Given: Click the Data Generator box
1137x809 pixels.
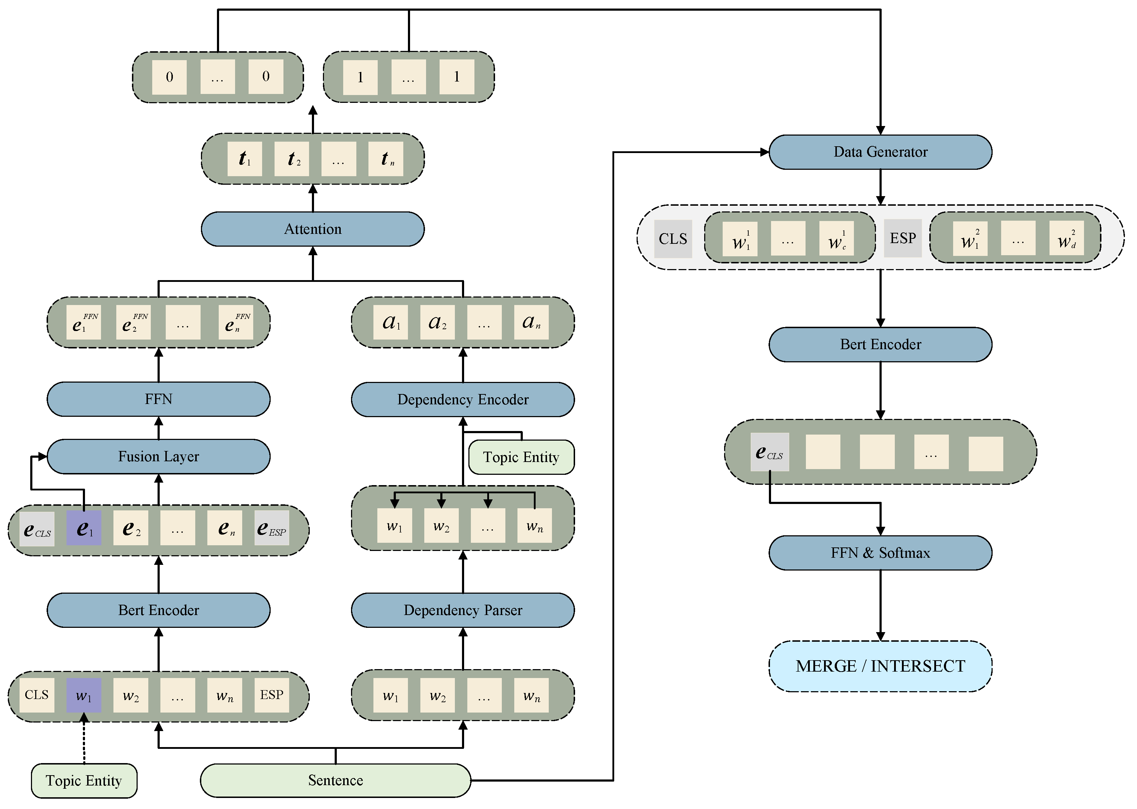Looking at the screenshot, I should click(x=880, y=152).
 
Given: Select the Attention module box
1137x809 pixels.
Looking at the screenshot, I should click(x=313, y=229).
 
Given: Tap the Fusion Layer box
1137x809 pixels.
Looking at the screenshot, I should click(x=158, y=456).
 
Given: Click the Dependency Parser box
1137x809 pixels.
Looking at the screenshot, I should click(x=462, y=610).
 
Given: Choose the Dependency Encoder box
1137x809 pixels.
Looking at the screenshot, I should click(x=462, y=400).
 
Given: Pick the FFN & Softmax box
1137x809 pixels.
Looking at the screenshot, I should click(x=880, y=553).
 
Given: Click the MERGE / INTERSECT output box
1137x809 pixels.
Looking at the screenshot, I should click(x=880, y=666).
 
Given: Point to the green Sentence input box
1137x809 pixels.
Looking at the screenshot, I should click(x=335, y=780).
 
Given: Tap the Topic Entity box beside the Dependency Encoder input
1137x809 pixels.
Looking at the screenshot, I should click(x=521, y=457).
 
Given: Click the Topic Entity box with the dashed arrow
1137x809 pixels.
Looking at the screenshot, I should click(x=84, y=781).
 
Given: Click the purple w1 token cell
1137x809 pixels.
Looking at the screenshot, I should click(x=84, y=695).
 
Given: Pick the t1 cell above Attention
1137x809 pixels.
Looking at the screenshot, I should click(x=244, y=159).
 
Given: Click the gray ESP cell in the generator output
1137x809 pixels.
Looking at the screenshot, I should click(x=903, y=238).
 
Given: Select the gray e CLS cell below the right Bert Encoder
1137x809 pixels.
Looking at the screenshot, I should click(x=769, y=452).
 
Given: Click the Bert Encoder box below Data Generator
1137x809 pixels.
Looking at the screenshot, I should click(x=880, y=344).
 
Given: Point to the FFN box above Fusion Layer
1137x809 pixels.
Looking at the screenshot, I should click(x=158, y=399).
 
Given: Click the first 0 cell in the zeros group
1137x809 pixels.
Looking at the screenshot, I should click(x=169, y=77).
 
